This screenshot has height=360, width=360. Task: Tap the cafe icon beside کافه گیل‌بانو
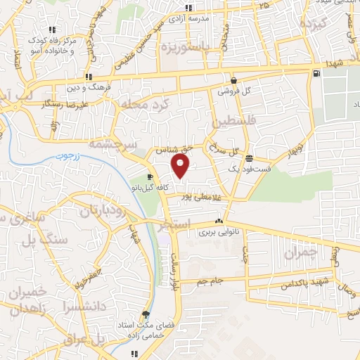coord(150,176)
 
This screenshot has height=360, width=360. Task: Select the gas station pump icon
coord(318,74)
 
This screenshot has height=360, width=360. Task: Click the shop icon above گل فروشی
coord(233,81)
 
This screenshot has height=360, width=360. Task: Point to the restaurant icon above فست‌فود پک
coord(250,158)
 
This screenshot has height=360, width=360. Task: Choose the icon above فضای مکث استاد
coord(146,314)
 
